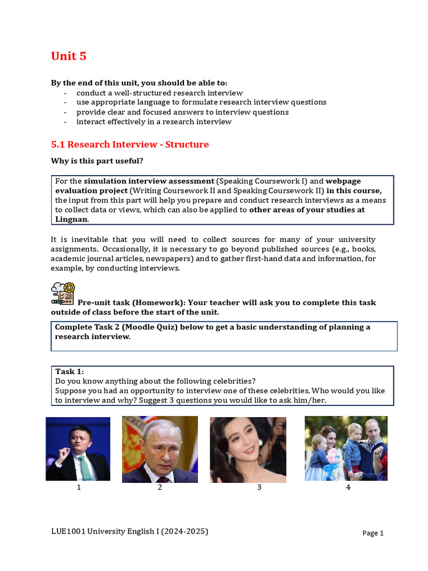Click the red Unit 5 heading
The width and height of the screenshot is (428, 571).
pos(69,56)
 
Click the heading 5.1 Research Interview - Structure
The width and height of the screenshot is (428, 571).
pos(130,144)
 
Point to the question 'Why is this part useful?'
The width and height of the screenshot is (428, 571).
pos(97,161)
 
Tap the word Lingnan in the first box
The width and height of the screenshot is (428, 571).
pos(71,219)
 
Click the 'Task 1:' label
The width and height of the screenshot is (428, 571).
pos(70,371)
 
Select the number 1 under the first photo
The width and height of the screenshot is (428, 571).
pos(79,488)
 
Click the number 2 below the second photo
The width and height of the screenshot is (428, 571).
pos(159,488)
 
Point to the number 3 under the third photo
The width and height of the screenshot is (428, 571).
pos(259,488)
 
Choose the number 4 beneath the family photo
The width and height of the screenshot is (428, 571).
pos(348,488)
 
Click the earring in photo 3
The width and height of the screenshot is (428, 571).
pos(227,458)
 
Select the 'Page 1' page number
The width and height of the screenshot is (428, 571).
pos(373,533)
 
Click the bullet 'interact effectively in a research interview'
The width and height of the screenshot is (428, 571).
pos(154,122)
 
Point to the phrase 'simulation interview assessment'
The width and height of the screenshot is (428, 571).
pos(149,181)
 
